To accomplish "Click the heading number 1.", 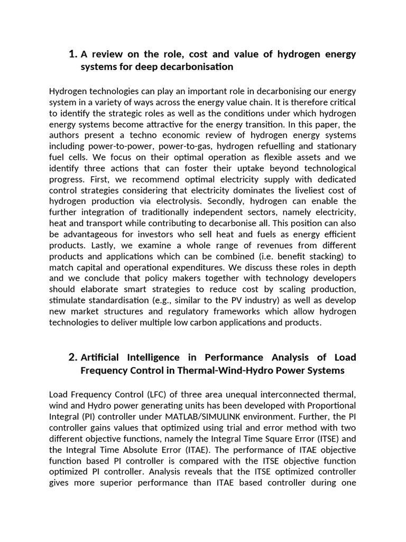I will (73, 54).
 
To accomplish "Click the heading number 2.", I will (73, 357).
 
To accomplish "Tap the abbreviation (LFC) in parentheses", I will (157, 394).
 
